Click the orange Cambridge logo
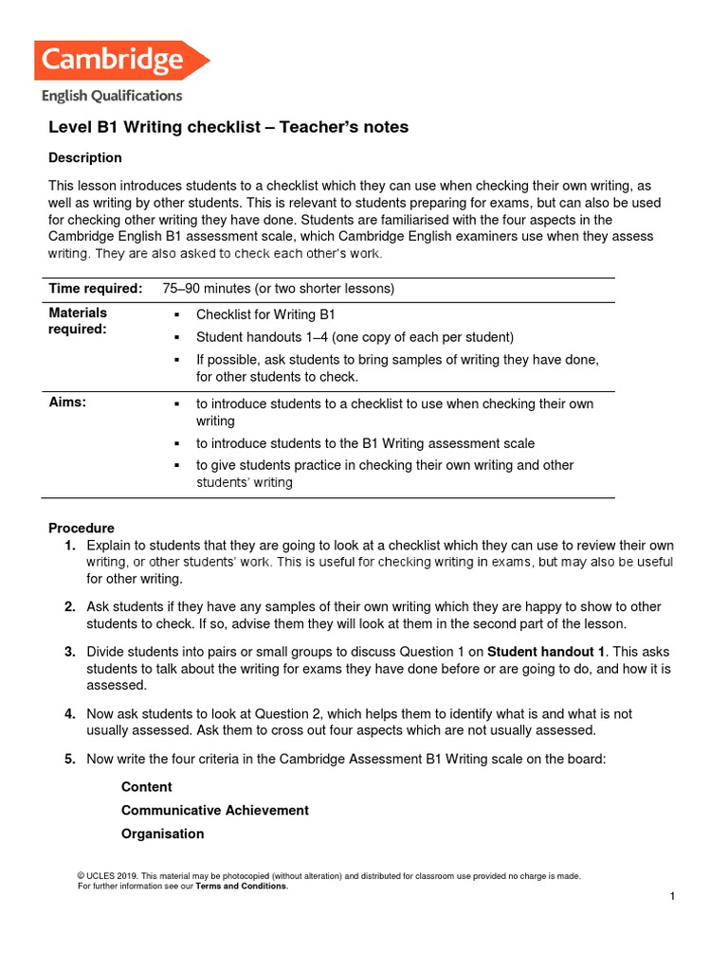(120, 61)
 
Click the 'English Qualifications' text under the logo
(111, 95)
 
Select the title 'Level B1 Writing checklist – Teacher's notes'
(228, 127)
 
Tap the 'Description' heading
(85, 157)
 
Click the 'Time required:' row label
(96, 289)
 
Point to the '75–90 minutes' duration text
(210, 289)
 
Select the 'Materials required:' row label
(78, 321)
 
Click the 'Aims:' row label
(67, 403)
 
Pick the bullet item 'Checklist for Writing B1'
(265, 314)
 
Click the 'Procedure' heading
(82, 528)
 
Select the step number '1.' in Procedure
(70, 546)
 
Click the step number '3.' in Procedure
(70, 652)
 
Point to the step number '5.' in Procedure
(70, 758)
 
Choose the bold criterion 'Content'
(147, 787)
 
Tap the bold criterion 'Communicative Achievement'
(215, 811)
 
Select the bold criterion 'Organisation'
(162, 835)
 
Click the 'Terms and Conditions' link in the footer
(241, 887)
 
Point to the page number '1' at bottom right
(671, 897)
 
